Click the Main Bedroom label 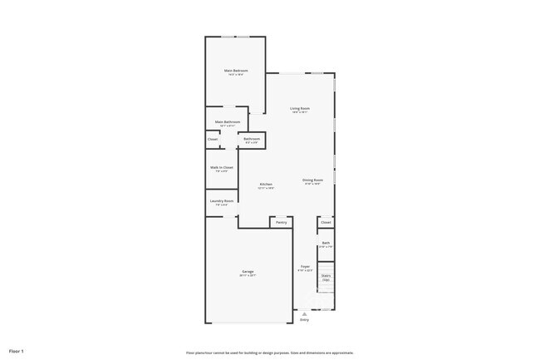236,72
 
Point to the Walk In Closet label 222,168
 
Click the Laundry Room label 222,201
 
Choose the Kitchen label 266,185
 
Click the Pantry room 282,222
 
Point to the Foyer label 305,268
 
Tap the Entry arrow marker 305,313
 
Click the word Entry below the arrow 305,320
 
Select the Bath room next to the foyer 326,244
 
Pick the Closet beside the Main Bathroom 213,139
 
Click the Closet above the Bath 326,222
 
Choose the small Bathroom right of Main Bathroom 252,140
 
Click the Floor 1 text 17,352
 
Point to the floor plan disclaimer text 270,353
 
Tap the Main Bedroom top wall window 236,37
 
